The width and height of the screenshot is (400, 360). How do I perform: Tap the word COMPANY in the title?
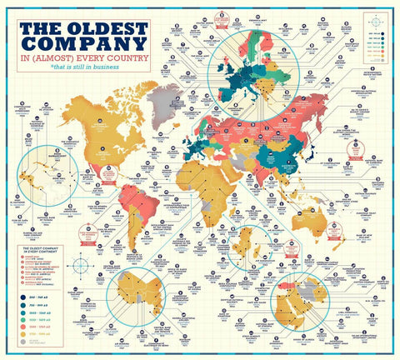pos(82,48)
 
